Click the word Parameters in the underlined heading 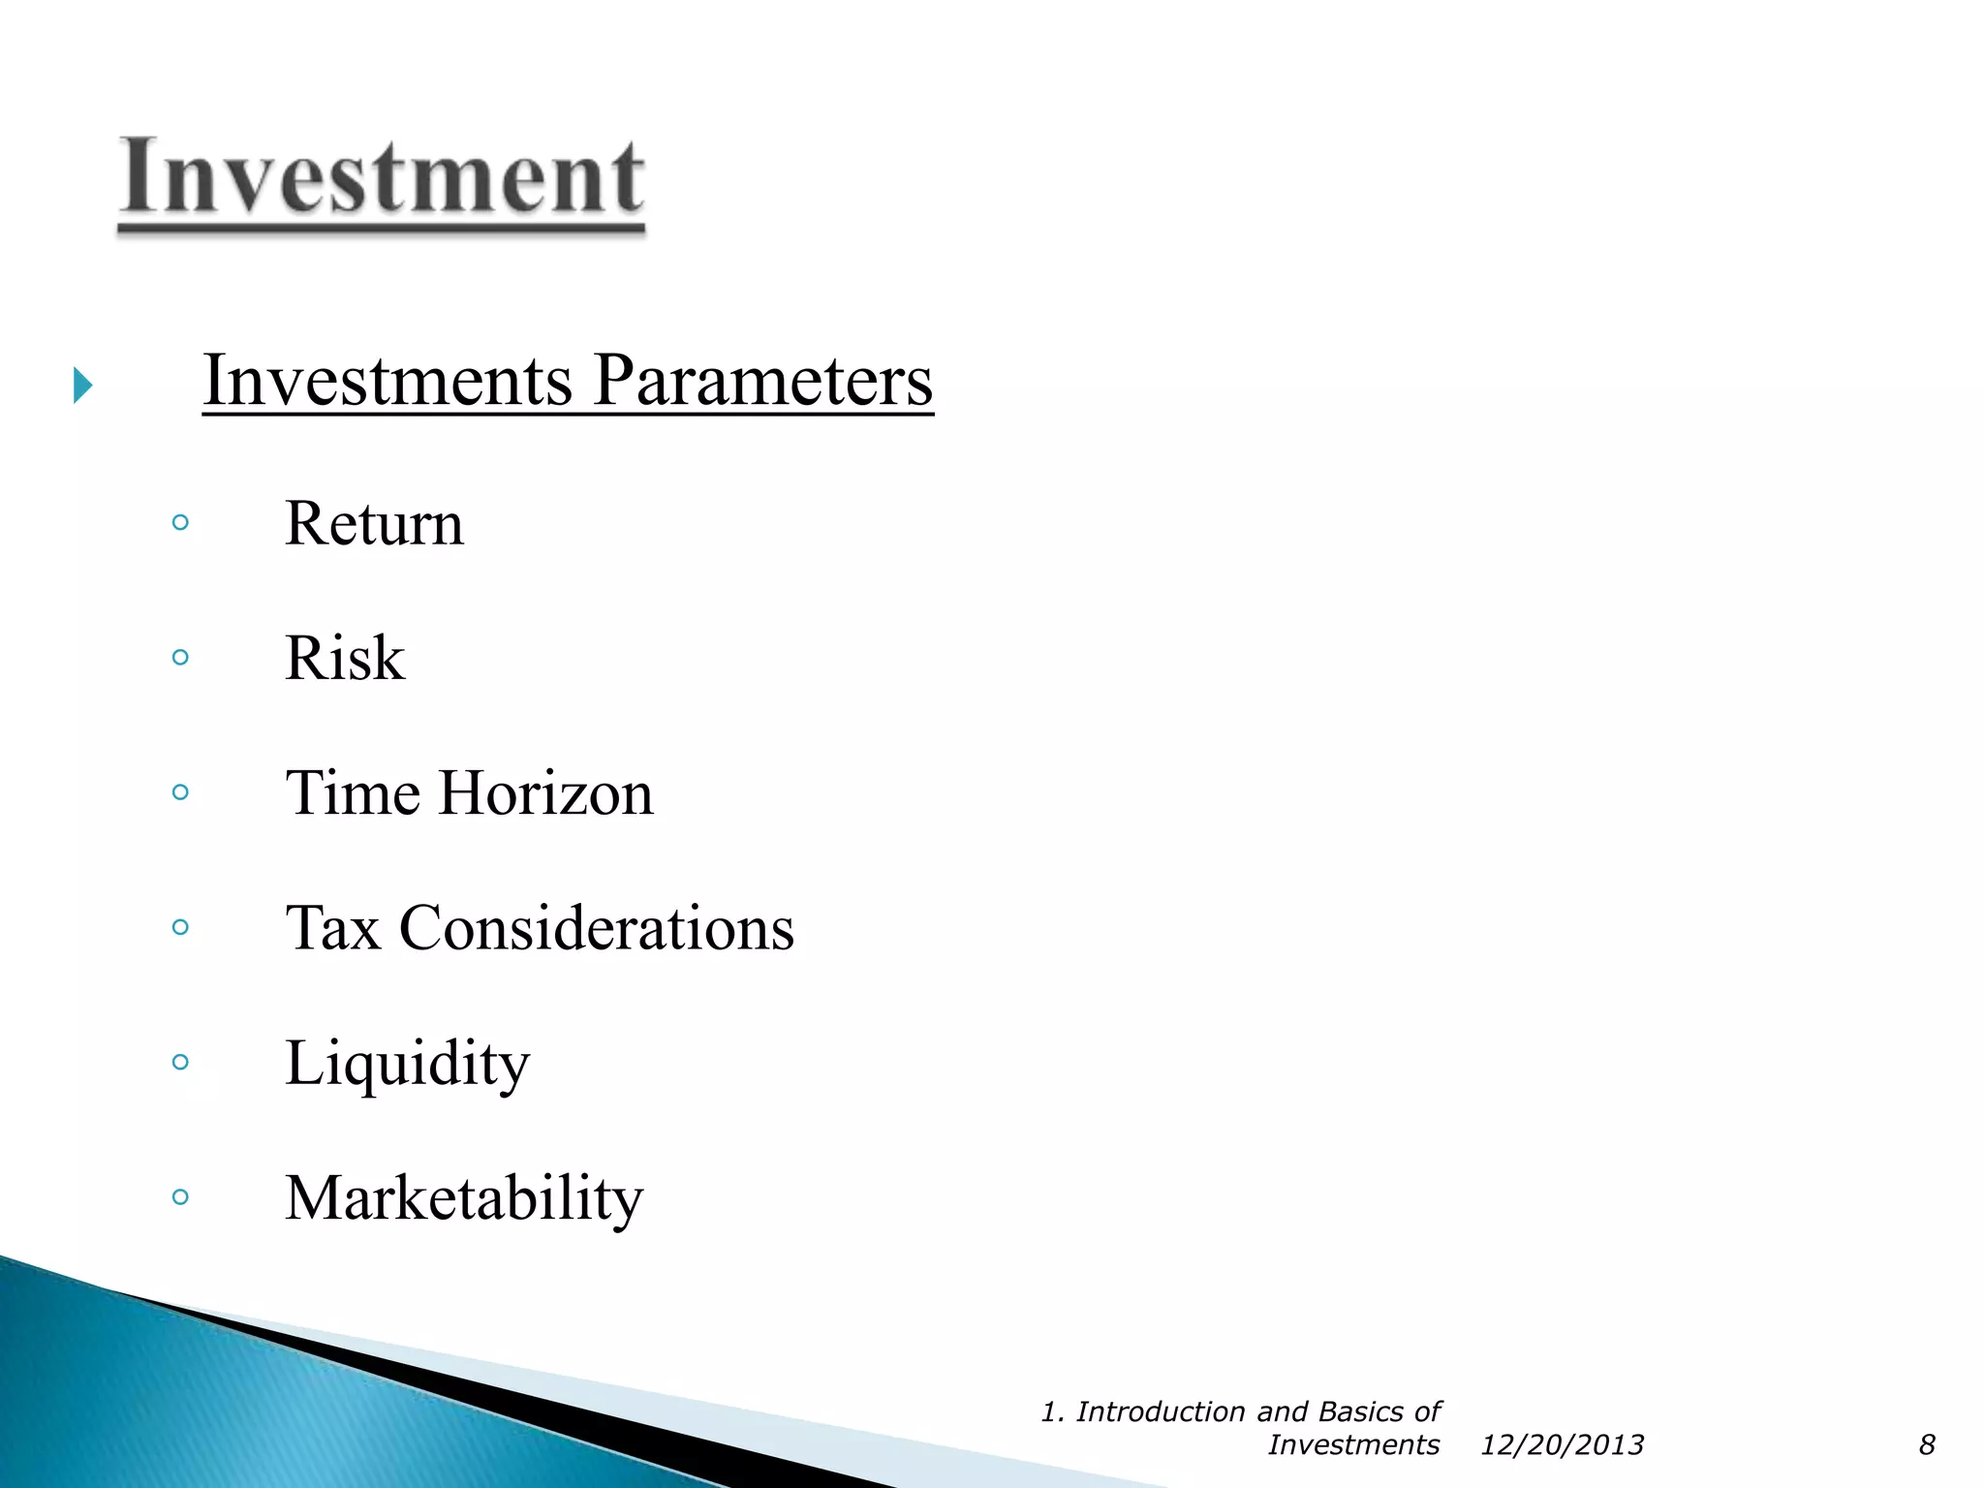(763, 381)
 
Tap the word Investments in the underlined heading (387, 381)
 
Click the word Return (374, 524)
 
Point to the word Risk (345, 659)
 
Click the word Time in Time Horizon (353, 793)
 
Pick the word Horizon (546, 793)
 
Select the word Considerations (597, 928)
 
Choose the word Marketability (464, 1199)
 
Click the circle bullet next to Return (180, 523)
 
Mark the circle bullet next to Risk (180, 658)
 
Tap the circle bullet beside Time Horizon (180, 792)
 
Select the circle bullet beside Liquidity (180, 1062)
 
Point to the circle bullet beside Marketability (180, 1196)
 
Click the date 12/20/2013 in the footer (1562, 1445)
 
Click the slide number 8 (1927, 1445)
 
